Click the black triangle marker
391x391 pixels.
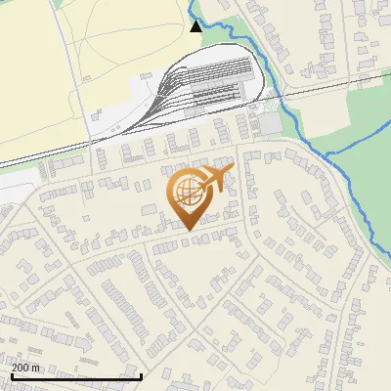(x=196, y=26)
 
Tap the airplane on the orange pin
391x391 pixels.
(x=217, y=179)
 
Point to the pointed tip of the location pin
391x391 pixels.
(x=187, y=230)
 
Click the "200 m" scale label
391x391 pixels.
(x=26, y=367)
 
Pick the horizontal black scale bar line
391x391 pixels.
(x=76, y=376)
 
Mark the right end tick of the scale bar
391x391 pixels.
(x=142, y=374)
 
